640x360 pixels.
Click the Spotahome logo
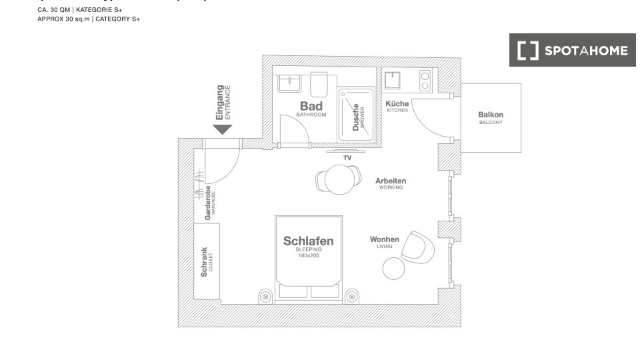(573, 51)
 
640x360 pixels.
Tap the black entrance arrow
(222, 129)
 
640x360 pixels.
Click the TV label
(347, 157)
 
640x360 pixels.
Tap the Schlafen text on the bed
(308, 241)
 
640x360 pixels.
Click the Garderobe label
(208, 203)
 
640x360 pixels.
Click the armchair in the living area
(421, 245)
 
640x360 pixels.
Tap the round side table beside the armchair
(393, 269)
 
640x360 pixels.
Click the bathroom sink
(290, 84)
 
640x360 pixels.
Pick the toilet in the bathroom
(319, 85)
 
